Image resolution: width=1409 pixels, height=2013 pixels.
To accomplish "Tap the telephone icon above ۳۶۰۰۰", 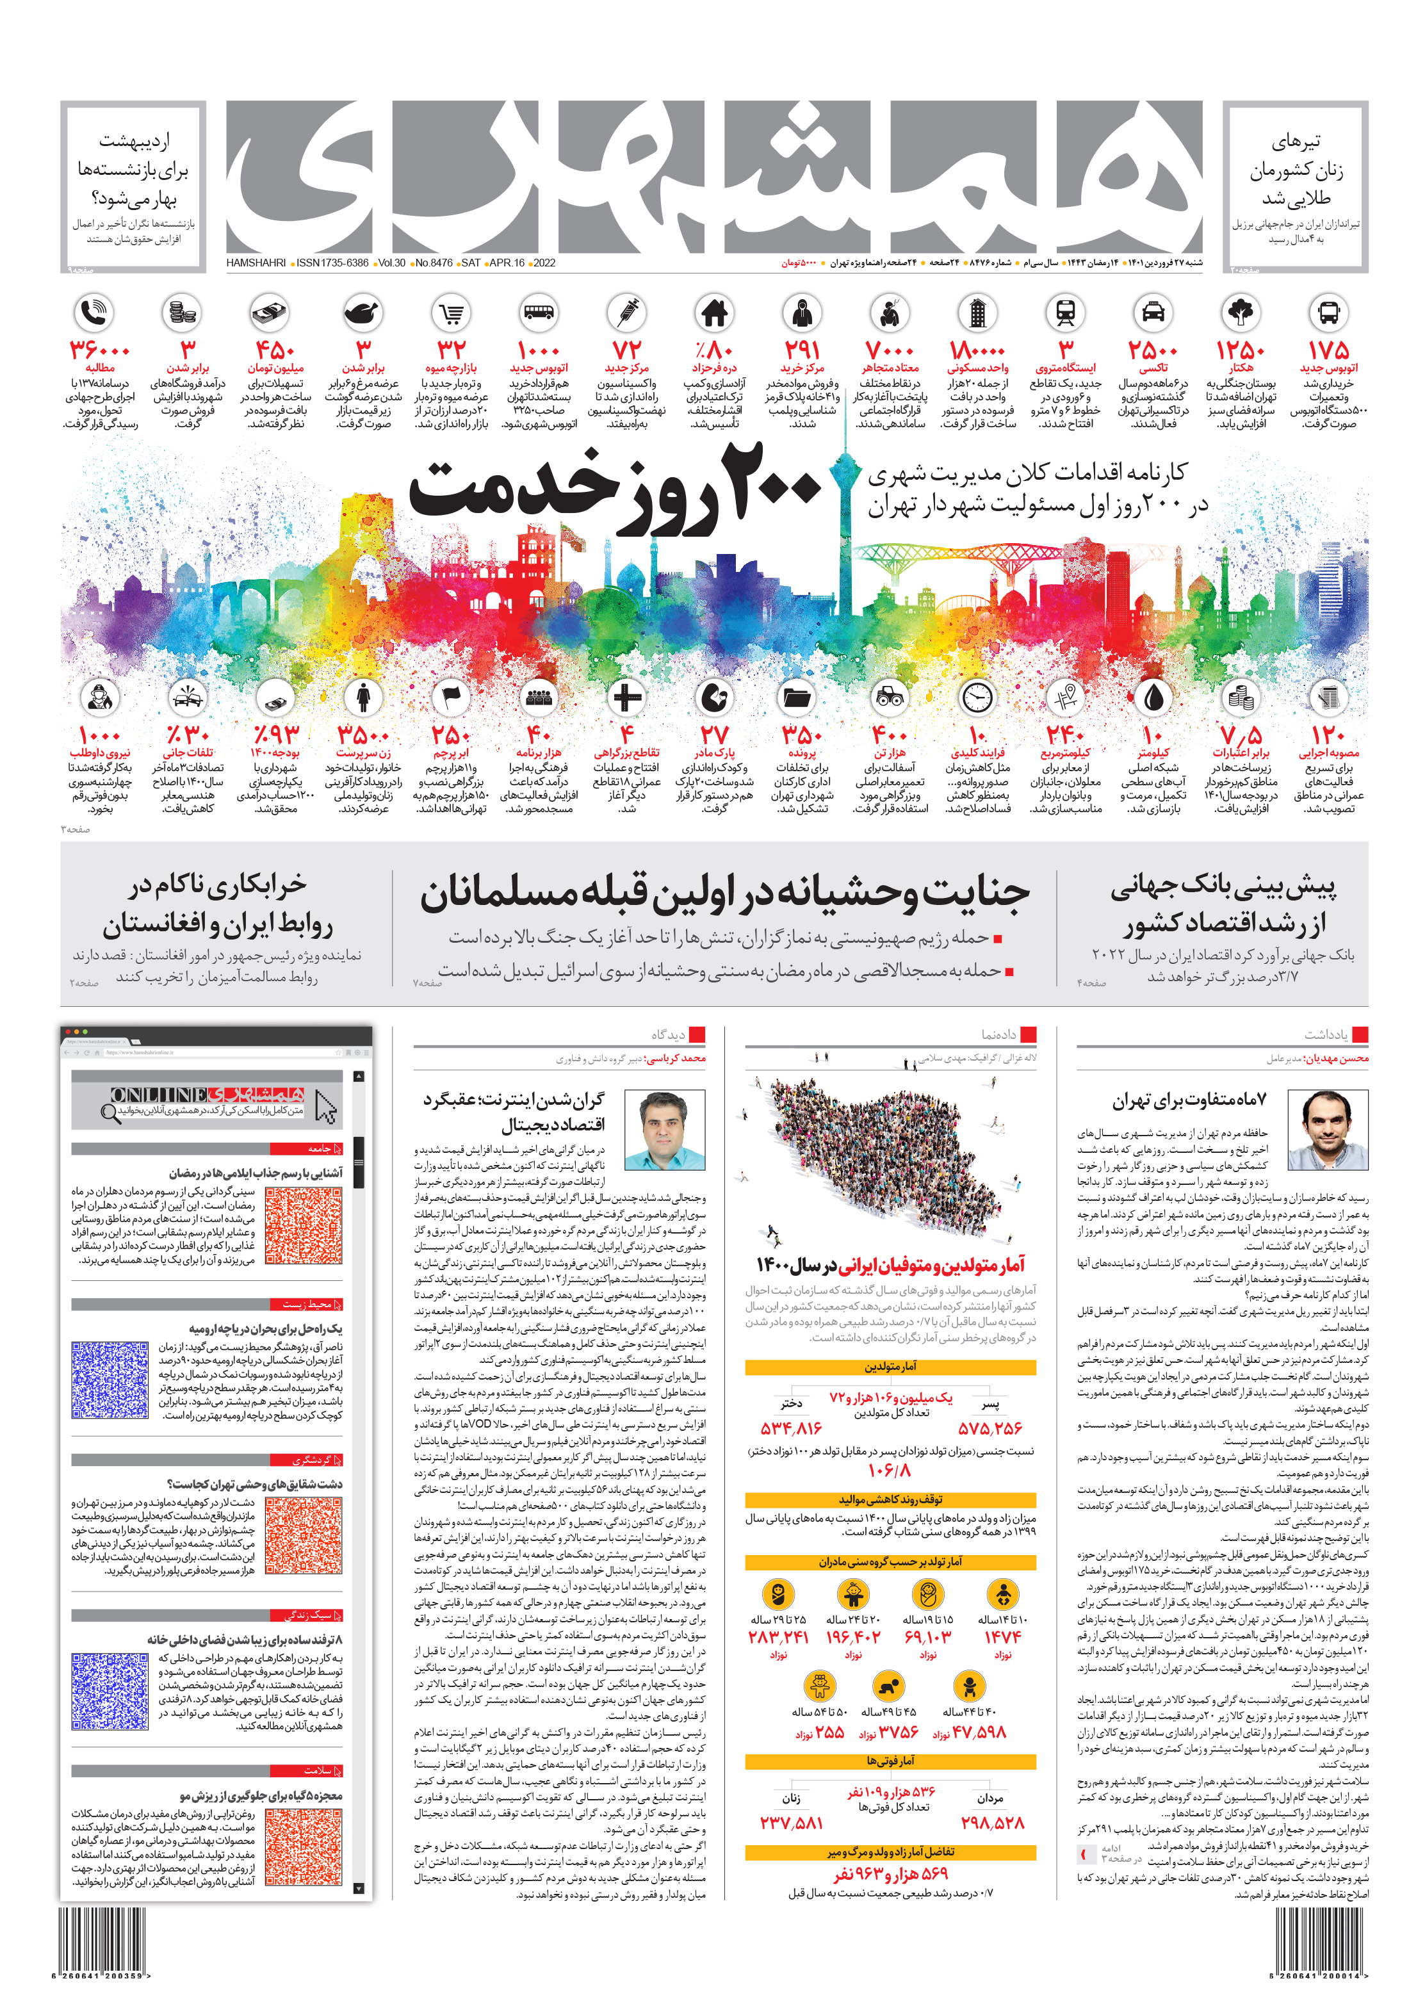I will pos(95,312).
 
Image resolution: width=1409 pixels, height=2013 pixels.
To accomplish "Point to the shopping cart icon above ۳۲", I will pos(452,312).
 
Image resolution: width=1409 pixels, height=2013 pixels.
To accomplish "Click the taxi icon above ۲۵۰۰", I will pos(1152,312).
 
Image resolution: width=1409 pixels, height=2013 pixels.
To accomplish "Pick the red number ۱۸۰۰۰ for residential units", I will pos(977,350).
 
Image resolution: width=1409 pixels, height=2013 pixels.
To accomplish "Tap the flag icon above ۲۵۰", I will pos(451,697).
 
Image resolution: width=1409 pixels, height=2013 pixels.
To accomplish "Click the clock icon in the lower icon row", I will pos(977,697).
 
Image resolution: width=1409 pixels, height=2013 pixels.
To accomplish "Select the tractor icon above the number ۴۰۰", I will pos(889,697).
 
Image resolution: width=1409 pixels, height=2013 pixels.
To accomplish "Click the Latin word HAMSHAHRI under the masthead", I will pos(255,262).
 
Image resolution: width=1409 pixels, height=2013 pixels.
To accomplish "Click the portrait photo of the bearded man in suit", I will pos(1326,1130).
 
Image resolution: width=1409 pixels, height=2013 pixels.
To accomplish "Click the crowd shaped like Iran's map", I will pos(886,1157).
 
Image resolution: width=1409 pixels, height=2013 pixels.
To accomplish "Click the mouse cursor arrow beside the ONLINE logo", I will pos(325,1107).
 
